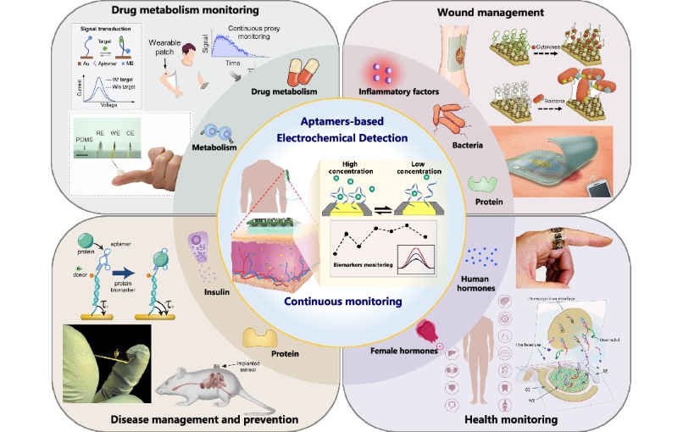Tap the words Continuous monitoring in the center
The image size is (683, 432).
coord(341,301)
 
